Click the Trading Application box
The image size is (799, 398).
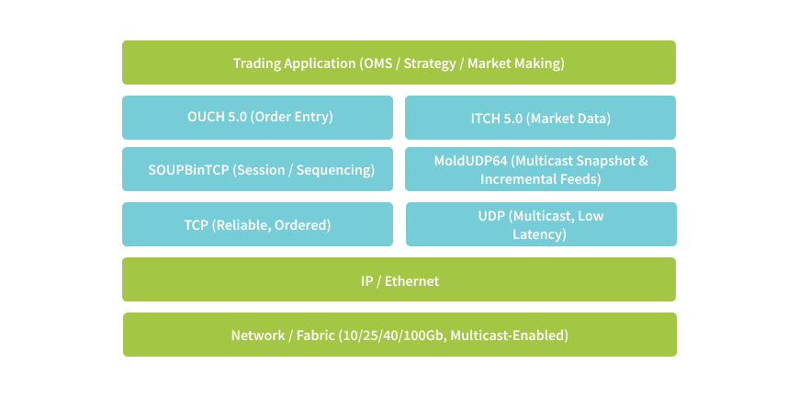coord(399,63)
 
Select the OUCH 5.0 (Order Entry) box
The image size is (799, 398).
coord(257,118)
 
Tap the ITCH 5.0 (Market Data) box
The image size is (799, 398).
coord(540,118)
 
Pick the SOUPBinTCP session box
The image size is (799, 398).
coord(257,169)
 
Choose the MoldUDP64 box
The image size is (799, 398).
coord(540,169)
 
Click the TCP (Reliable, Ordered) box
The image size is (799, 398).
coord(257,224)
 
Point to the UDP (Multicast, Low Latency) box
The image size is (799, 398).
coord(541,224)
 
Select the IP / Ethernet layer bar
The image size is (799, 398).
coord(399,279)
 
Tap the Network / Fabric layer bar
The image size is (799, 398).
coord(400,335)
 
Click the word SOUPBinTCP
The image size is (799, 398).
coord(188,170)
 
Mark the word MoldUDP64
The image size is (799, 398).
coord(471,161)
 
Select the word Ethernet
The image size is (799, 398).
coord(411,281)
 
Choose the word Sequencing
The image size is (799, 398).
coord(335,170)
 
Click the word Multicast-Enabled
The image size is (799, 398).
coord(509,335)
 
